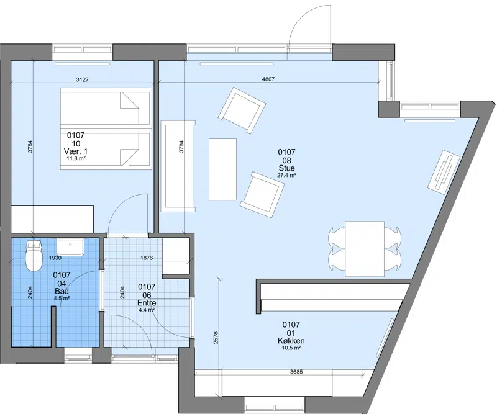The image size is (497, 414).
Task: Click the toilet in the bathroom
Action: click(x=34, y=255)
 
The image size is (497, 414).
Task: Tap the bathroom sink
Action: click(x=70, y=248)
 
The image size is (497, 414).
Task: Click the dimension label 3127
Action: click(x=83, y=79)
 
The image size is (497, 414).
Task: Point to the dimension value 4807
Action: click(x=268, y=79)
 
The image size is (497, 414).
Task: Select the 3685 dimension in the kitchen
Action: click(x=296, y=372)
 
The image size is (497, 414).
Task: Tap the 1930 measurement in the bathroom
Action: click(x=55, y=258)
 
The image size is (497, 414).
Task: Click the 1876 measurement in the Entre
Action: click(x=147, y=258)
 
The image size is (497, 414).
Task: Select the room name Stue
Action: click(x=286, y=168)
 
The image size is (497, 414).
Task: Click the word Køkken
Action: click(x=291, y=341)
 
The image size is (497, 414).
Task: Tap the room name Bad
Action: click(x=62, y=292)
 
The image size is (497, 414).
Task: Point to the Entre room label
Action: click(x=147, y=303)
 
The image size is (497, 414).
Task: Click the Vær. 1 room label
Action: click(x=76, y=151)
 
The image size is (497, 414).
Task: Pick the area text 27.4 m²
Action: click(x=286, y=175)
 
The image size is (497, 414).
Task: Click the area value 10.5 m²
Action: click(x=291, y=348)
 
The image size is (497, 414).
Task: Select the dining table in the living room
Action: click(x=365, y=249)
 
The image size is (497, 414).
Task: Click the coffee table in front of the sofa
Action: click(x=222, y=169)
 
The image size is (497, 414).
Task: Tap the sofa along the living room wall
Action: click(x=178, y=166)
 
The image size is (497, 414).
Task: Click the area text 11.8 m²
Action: click(x=76, y=158)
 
